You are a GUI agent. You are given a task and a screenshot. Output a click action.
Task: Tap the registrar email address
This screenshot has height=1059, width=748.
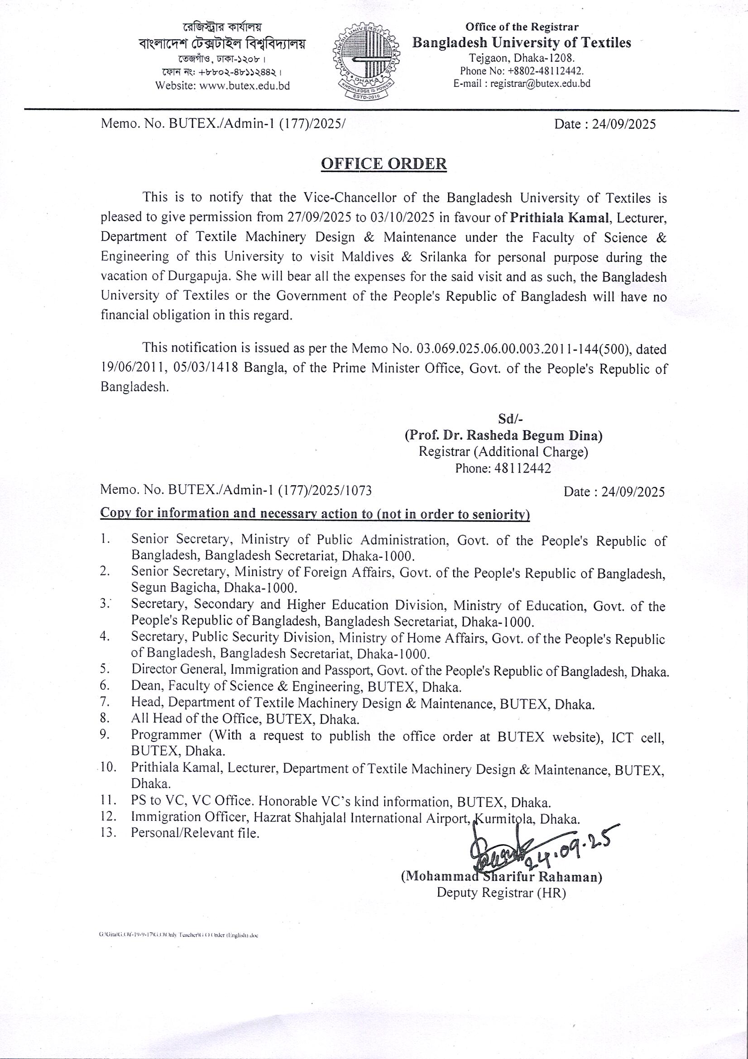tap(540, 83)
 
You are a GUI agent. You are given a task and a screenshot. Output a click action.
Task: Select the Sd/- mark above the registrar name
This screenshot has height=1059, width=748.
tap(509, 419)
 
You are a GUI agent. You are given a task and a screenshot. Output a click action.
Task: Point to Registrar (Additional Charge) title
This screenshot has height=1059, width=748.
tap(503, 452)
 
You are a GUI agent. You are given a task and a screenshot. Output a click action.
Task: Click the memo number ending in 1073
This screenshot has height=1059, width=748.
tap(235, 490)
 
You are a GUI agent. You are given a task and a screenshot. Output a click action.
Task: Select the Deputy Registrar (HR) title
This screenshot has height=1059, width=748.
tap(501, 892)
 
